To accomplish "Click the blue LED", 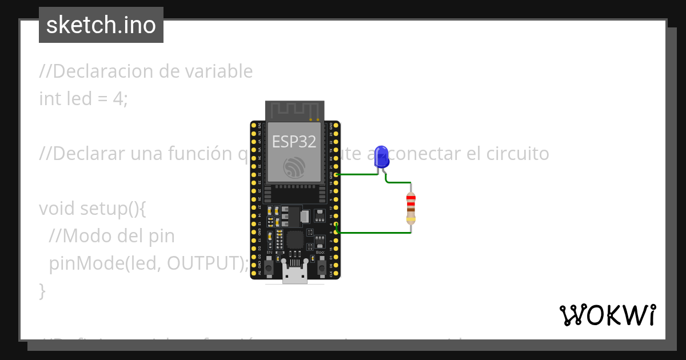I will [x=381, y=156].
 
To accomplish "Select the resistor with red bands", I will [x=410, y=207].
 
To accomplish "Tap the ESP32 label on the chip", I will [x=294, y=141].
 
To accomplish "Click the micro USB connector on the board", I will [x=295, y=274].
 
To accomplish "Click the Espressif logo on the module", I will [x=294, y=166].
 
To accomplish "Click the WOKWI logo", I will [x=607, y=315].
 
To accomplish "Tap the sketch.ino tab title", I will [x=101, y=25].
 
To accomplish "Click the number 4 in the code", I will [x=118, y=99].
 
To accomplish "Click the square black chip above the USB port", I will [x=295, y=239].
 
